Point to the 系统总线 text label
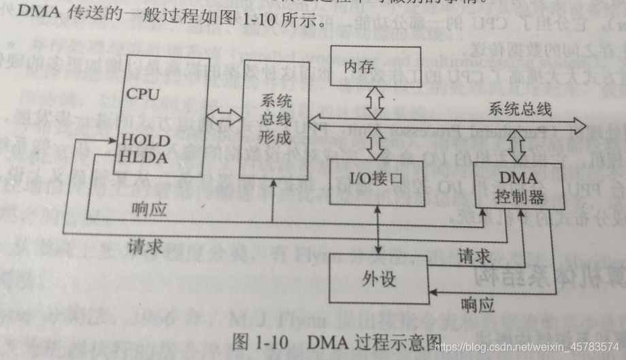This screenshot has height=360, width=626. coord(520,109)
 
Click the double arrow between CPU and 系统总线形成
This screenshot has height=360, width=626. coord(223,117)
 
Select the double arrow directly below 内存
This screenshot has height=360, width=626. coord(375,102)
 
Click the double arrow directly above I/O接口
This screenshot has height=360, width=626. coord(375,144)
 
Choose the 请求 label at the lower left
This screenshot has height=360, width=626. coord(145,248)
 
